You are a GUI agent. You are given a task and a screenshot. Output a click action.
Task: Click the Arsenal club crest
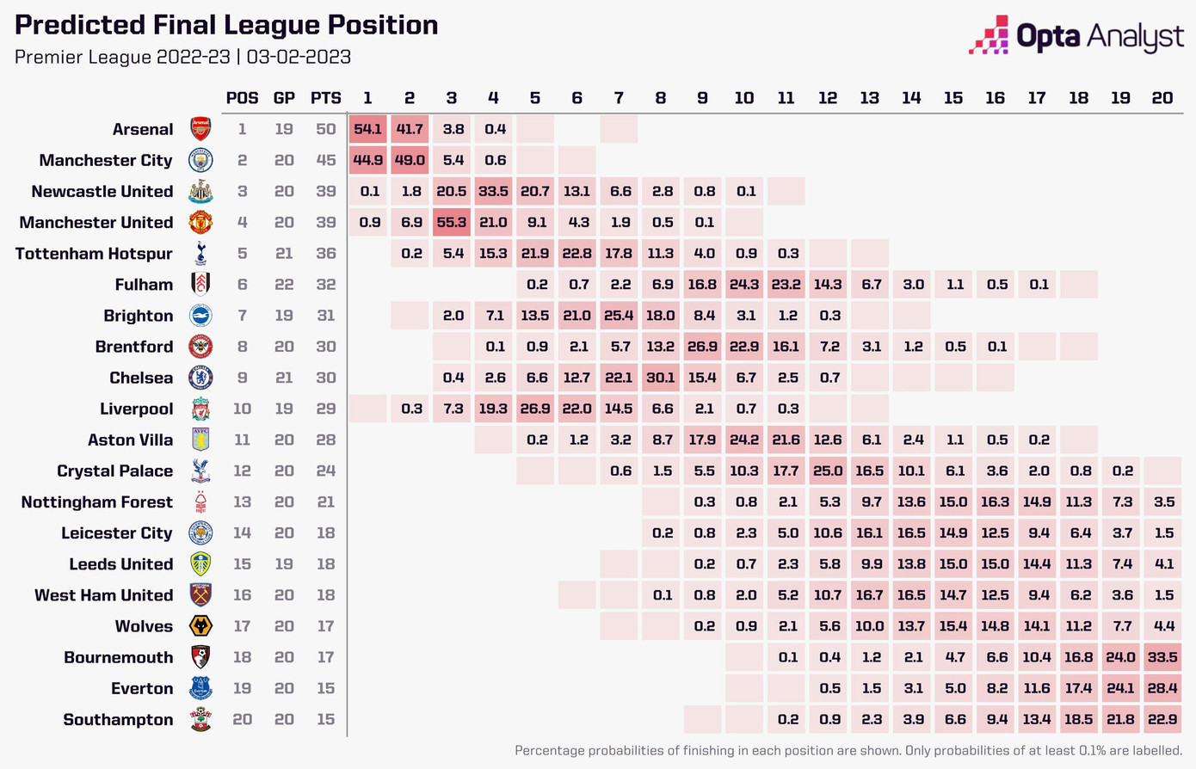[200, 129]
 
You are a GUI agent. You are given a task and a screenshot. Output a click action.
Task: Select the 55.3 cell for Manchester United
[452, 222]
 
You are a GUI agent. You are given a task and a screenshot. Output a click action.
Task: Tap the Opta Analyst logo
[1076, 36]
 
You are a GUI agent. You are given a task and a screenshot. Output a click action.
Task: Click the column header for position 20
[1162, 98]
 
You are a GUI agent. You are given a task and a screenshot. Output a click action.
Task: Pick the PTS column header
[325, 98]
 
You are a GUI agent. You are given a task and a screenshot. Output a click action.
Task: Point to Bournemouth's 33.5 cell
[1162, 657]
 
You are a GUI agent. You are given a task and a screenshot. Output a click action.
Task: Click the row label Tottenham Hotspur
[94, 254]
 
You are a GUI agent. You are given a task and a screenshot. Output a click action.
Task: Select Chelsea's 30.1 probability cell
[661, 378]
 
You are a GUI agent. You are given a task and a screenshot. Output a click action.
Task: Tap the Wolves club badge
[200, 626]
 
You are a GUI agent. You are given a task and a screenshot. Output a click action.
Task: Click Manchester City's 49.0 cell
[410, 160]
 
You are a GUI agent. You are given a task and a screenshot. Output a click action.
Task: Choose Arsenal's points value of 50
[325, 129]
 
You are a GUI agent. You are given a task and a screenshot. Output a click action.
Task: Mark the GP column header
[284, 98]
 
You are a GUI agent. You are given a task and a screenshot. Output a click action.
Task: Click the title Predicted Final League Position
[226, 25]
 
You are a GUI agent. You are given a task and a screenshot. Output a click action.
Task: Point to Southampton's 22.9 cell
[1162, 719]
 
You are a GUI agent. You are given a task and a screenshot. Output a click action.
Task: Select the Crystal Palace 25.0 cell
[828, 471]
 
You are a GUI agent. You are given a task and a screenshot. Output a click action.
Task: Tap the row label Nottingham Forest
[96, 502]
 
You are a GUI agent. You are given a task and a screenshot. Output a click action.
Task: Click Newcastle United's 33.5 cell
[493, 191]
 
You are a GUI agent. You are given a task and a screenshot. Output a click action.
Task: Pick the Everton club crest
[200, 688]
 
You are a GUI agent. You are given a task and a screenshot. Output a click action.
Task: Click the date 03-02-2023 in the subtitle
[299, 58]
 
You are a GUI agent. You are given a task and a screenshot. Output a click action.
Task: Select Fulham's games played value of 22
[284, 285]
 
